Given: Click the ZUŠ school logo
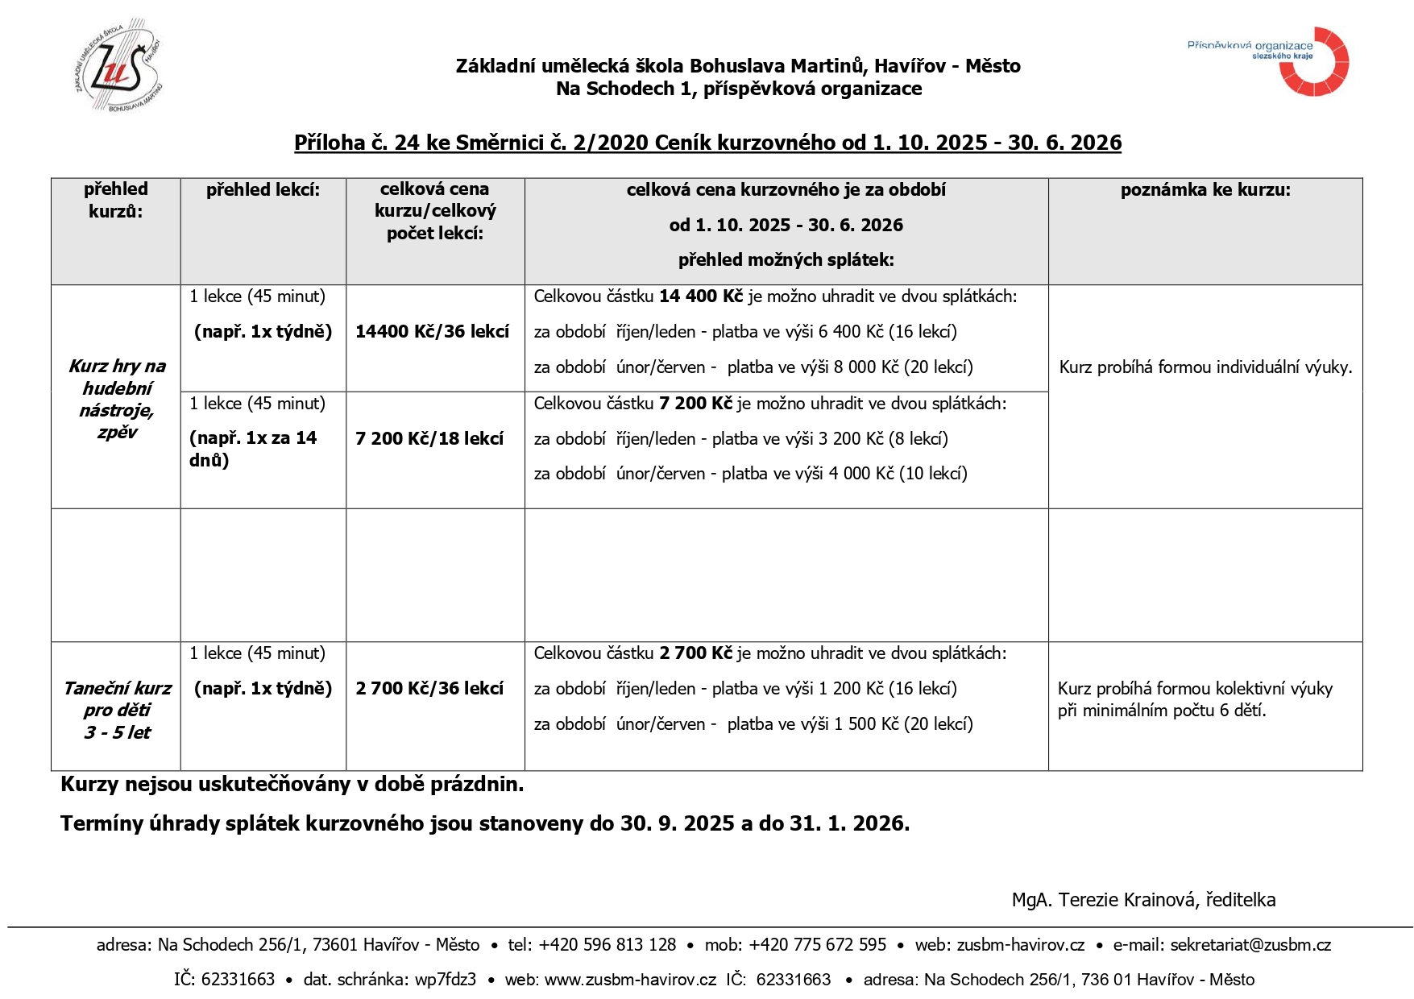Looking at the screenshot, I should (118, 64).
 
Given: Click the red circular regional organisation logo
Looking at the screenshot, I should (1315, 63).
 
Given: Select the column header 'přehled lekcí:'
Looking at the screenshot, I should (263, 190).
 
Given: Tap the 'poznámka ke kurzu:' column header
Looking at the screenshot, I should (1205, 190).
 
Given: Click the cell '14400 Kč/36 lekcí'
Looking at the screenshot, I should (432, 332).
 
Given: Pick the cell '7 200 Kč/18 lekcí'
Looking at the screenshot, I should (429, 439).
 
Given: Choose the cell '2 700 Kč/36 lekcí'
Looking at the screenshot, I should (429, 689).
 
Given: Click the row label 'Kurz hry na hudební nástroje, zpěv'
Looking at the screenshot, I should (117, 399).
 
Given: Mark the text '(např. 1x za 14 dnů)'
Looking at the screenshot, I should (253, 449).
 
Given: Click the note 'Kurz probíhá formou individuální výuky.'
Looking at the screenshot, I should (1205, 367).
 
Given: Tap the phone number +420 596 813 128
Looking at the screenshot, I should (607, 945).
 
